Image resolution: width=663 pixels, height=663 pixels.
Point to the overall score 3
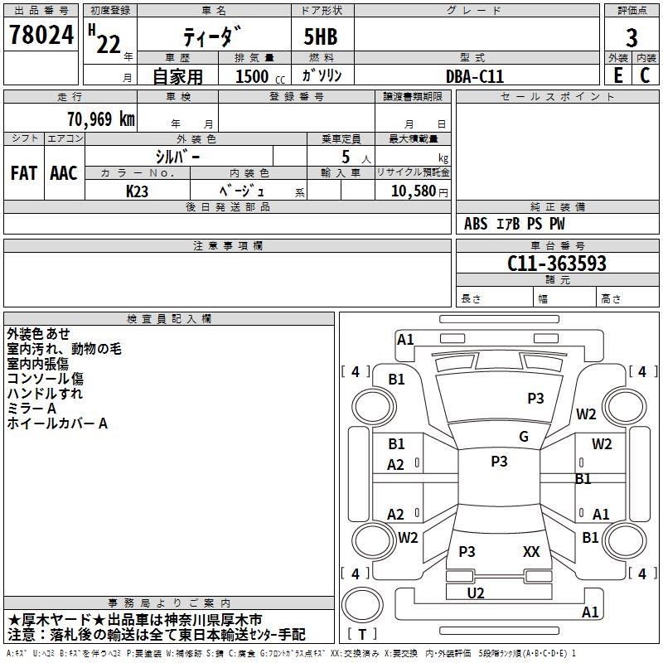632,37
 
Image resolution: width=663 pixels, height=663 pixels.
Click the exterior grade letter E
617,75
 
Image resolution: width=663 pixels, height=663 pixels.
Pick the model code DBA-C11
475,76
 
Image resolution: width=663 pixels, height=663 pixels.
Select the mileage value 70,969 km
100,119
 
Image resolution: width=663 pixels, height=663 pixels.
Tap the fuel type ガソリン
322,75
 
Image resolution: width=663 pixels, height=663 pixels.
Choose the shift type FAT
23,173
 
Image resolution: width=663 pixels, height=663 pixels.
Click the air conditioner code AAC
64,173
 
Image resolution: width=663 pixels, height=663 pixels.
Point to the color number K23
138,191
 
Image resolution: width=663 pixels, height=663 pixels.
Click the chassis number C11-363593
557,264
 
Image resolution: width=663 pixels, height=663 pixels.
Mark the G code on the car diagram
524,437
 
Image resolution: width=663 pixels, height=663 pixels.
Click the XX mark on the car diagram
531,551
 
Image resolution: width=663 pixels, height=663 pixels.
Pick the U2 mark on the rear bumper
475,593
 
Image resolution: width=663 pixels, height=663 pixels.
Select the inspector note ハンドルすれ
45,394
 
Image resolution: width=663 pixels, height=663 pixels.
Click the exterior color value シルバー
177,156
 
